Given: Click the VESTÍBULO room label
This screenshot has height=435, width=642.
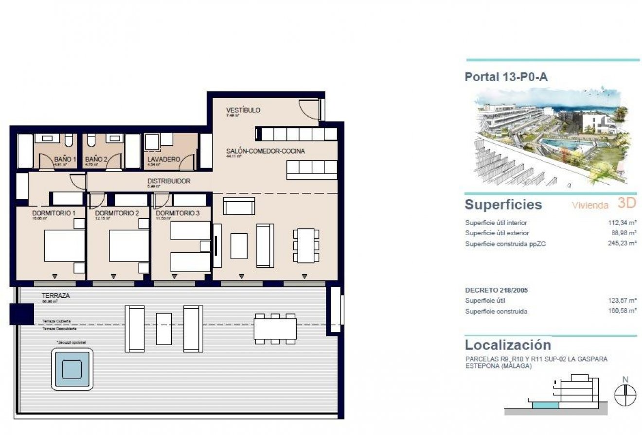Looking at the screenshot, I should pyautogui.click(x=243, y=110).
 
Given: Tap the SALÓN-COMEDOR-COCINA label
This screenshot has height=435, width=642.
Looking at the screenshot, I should pyautogui.click(x=266, y=151).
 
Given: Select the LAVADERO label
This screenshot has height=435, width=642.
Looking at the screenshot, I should pyautogui.click(x=163, y=159).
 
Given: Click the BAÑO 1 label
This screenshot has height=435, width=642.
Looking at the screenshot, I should pyautogui.click(x=65, y=159).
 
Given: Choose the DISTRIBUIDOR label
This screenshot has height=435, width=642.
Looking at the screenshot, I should pyautogui.click(x=169, y=181).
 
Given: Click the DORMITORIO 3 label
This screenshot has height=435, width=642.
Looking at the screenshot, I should pyautogui.click(x=178, y=213).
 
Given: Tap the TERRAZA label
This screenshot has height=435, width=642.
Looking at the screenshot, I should pyautogui.click(x=55, y=296).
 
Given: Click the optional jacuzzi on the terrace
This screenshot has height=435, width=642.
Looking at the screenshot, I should pyautogui.click(x=72, y=369).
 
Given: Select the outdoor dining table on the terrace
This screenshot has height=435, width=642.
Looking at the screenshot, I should pyautogui.click(x=275, y=329).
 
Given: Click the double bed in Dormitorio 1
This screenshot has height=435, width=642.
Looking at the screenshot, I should pyautogui.click(x=64, y=245).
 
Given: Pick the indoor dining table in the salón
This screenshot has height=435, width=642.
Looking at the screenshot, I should pyautogui.click(x=306, y=245).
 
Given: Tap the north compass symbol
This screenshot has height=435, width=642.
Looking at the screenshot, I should pyautogui.click(x=625, y=395).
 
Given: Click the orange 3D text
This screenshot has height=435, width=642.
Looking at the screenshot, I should pyautogui.click(x=627, y=203).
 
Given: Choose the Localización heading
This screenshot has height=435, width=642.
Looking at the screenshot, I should pyautogui.click(x=508, y=345).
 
